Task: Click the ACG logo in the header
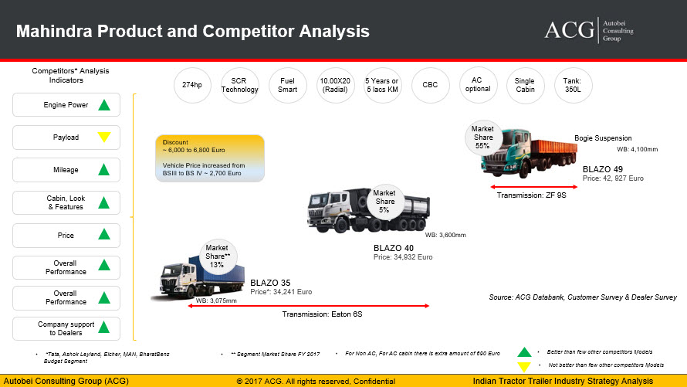(x=589, y=30)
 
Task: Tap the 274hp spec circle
(x=192, y=85)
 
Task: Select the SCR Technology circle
(x=239, y=85)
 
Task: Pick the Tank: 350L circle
(x=573, y=85)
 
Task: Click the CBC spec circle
(x=430, y=85)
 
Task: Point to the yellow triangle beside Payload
(x=104, y=137)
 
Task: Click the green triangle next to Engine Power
(x=104, y=105)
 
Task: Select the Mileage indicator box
(x=66, y=170)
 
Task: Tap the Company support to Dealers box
(x=66, y=328)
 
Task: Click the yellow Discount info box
(x=210, y=158)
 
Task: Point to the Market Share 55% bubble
(x=482, y=137)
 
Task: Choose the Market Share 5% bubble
(x=384, y=201)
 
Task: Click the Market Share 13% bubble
(x=218, y=256)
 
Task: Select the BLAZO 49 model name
(x=602, y=169)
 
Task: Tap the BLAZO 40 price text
(x=403, y=257)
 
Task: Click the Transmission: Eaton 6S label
(x=322, y=314)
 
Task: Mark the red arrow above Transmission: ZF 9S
(x=533, y=187)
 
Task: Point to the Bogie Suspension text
(x=603, y=138)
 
